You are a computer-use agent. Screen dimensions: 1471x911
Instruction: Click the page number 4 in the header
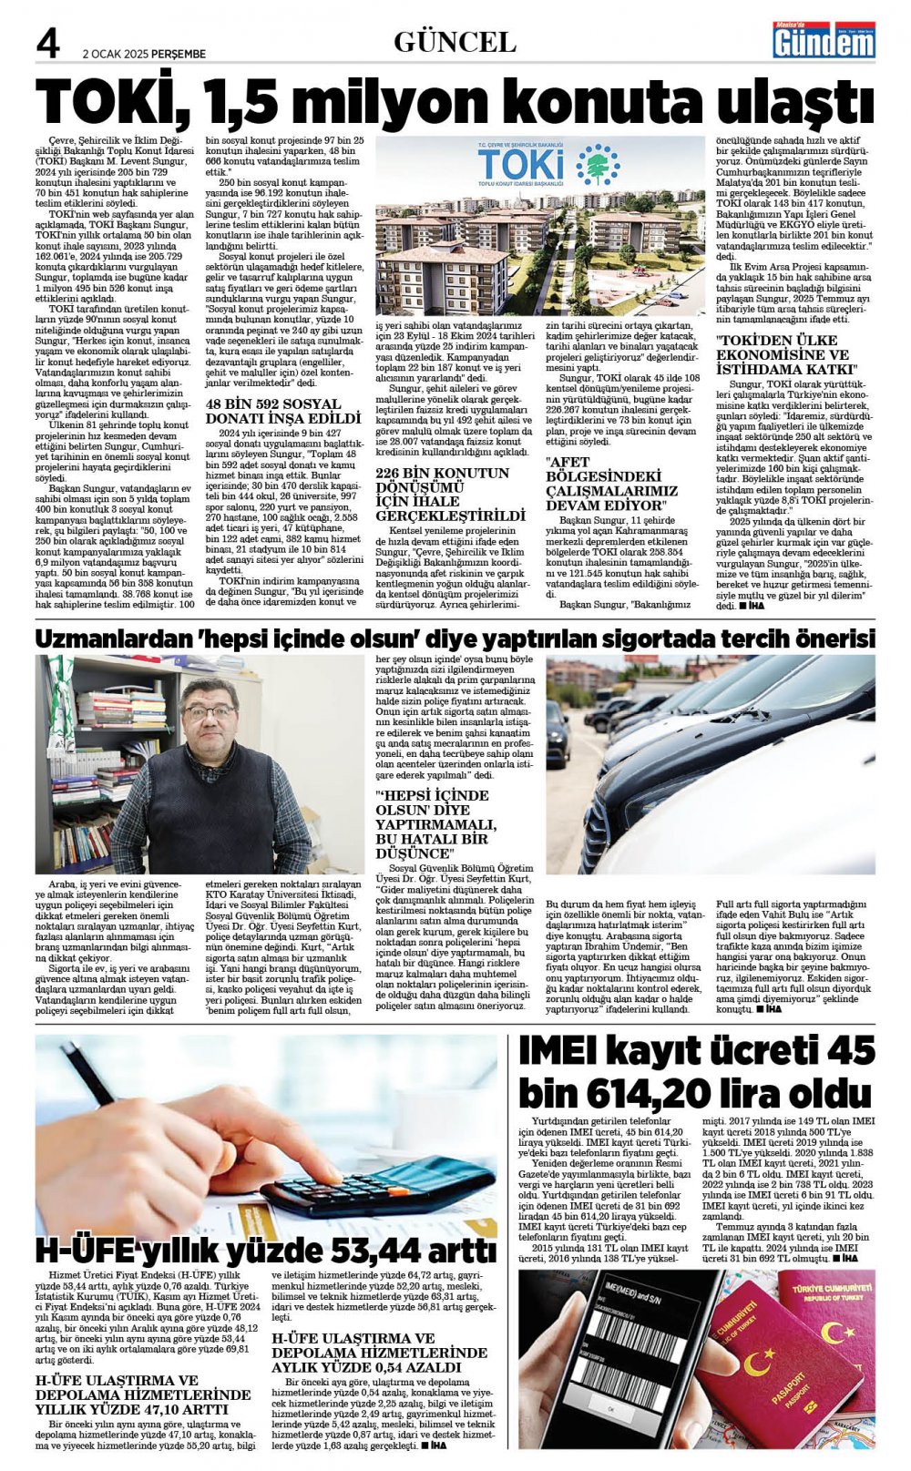click(47, 44)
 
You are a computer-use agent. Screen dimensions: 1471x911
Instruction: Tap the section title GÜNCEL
click(455, 42)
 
